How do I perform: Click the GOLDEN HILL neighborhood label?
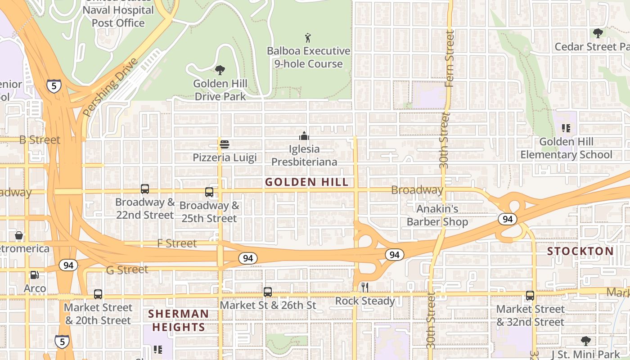tap(306, 182)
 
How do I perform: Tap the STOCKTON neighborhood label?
tap(580, 251)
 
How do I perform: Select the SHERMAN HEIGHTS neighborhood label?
tap(179, 320)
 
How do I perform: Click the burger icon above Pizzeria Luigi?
tap(225, 144)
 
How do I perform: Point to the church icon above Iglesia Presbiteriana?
tap(304, 135)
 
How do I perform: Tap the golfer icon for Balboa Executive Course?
tap(308, 37)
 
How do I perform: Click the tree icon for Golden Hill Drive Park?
tap(220, 70)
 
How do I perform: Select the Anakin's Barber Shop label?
tap(437, 215)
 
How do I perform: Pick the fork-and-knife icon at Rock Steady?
tap(365, 288)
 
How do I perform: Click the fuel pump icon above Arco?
tap(34, 274)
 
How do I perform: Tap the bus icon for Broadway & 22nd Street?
tap(145, 189)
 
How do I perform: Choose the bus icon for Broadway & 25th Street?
tap(209, 192)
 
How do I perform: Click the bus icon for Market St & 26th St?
tap(268, 292)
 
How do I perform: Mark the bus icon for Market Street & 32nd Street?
tap(530, 296)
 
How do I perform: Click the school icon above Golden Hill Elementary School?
tap(566, 128)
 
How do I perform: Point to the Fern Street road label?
tap(449, 58)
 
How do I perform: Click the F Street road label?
tap(177, 243)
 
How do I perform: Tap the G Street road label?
tap(127, 270)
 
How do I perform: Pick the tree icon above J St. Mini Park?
tap(585, 341)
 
